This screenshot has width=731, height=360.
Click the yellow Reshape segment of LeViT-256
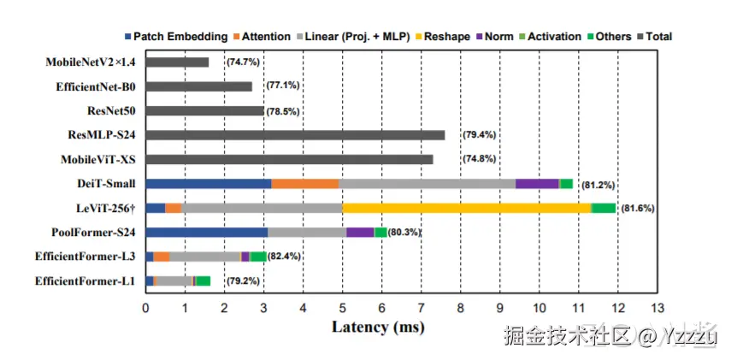click(x=466, y=208)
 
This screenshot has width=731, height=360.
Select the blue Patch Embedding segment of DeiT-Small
click(x=209, y=183)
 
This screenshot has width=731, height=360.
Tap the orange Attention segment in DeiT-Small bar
click(x=304, y=183)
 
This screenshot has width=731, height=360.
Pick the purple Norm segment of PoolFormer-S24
click(x=360, y=232)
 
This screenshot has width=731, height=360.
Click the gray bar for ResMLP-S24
click(x=295, y=135)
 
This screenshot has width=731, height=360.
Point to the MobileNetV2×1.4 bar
click(x=177, y=62)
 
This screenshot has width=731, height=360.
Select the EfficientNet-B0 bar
click(x=199, y=86)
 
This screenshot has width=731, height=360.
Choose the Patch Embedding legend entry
click(x=176, y=37)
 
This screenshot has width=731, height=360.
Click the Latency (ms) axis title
click(x=378, y=327)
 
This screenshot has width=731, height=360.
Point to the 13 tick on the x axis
click(x=657, y=306)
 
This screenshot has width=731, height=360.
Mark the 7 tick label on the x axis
click(x=421, y=306)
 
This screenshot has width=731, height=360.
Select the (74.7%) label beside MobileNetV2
click(x=243, y=62)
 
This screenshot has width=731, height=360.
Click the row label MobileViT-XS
click(x=97, y=159)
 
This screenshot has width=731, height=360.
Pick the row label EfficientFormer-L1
click(x=85, y=280)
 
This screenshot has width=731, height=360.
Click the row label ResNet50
click(x=111, y=110)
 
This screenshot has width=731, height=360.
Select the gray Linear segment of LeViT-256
click(x=262, y=208)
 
